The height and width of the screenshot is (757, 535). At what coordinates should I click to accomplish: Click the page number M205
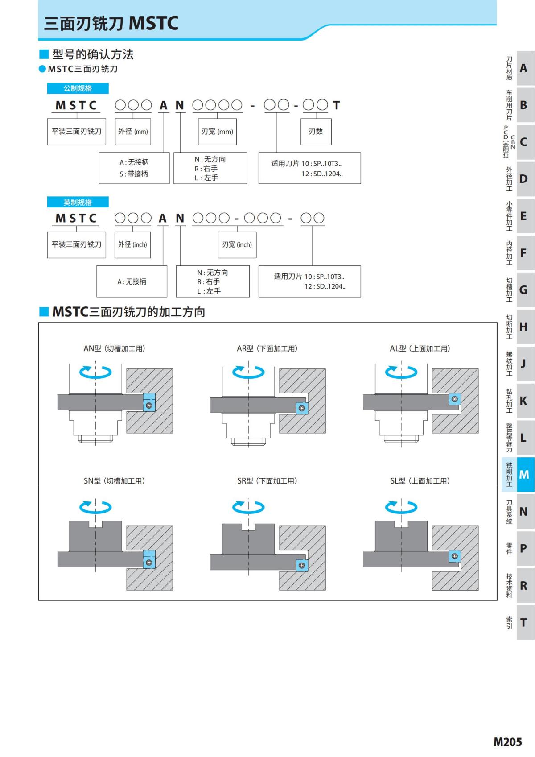(507, 742)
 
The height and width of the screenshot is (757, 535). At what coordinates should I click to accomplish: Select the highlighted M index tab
(524, 475)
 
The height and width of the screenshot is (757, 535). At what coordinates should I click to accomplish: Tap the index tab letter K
(523, 401)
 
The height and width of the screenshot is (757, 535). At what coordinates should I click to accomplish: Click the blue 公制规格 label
(78, 88)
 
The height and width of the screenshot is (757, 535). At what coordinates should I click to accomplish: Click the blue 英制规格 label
(78, 203)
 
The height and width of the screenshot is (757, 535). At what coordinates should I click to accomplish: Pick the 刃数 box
(316, 132)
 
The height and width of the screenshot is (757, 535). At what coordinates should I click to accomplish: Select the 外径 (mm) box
(133, 132)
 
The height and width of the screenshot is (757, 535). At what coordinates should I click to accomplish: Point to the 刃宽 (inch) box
(237, 244)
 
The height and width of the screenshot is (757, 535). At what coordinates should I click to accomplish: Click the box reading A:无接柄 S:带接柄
(134, 168)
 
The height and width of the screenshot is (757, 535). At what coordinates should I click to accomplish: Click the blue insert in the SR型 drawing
(302, 565)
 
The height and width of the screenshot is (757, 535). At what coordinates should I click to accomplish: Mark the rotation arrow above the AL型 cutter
(401, 372)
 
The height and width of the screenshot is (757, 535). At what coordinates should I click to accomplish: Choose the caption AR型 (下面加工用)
(267, 348)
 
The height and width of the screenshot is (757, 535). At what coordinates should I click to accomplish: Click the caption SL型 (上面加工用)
(420, 481)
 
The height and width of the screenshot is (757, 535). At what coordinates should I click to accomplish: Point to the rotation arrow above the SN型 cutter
(95, 507)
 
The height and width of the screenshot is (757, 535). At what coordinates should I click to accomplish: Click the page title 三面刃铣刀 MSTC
(111, 23)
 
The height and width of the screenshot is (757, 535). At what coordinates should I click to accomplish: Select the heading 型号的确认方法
(93, 54)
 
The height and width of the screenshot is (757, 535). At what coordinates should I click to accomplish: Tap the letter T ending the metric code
(337, 105)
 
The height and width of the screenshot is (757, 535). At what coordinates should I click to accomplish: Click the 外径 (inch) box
(132, 244)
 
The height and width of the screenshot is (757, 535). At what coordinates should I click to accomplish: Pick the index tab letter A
(523, 68)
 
